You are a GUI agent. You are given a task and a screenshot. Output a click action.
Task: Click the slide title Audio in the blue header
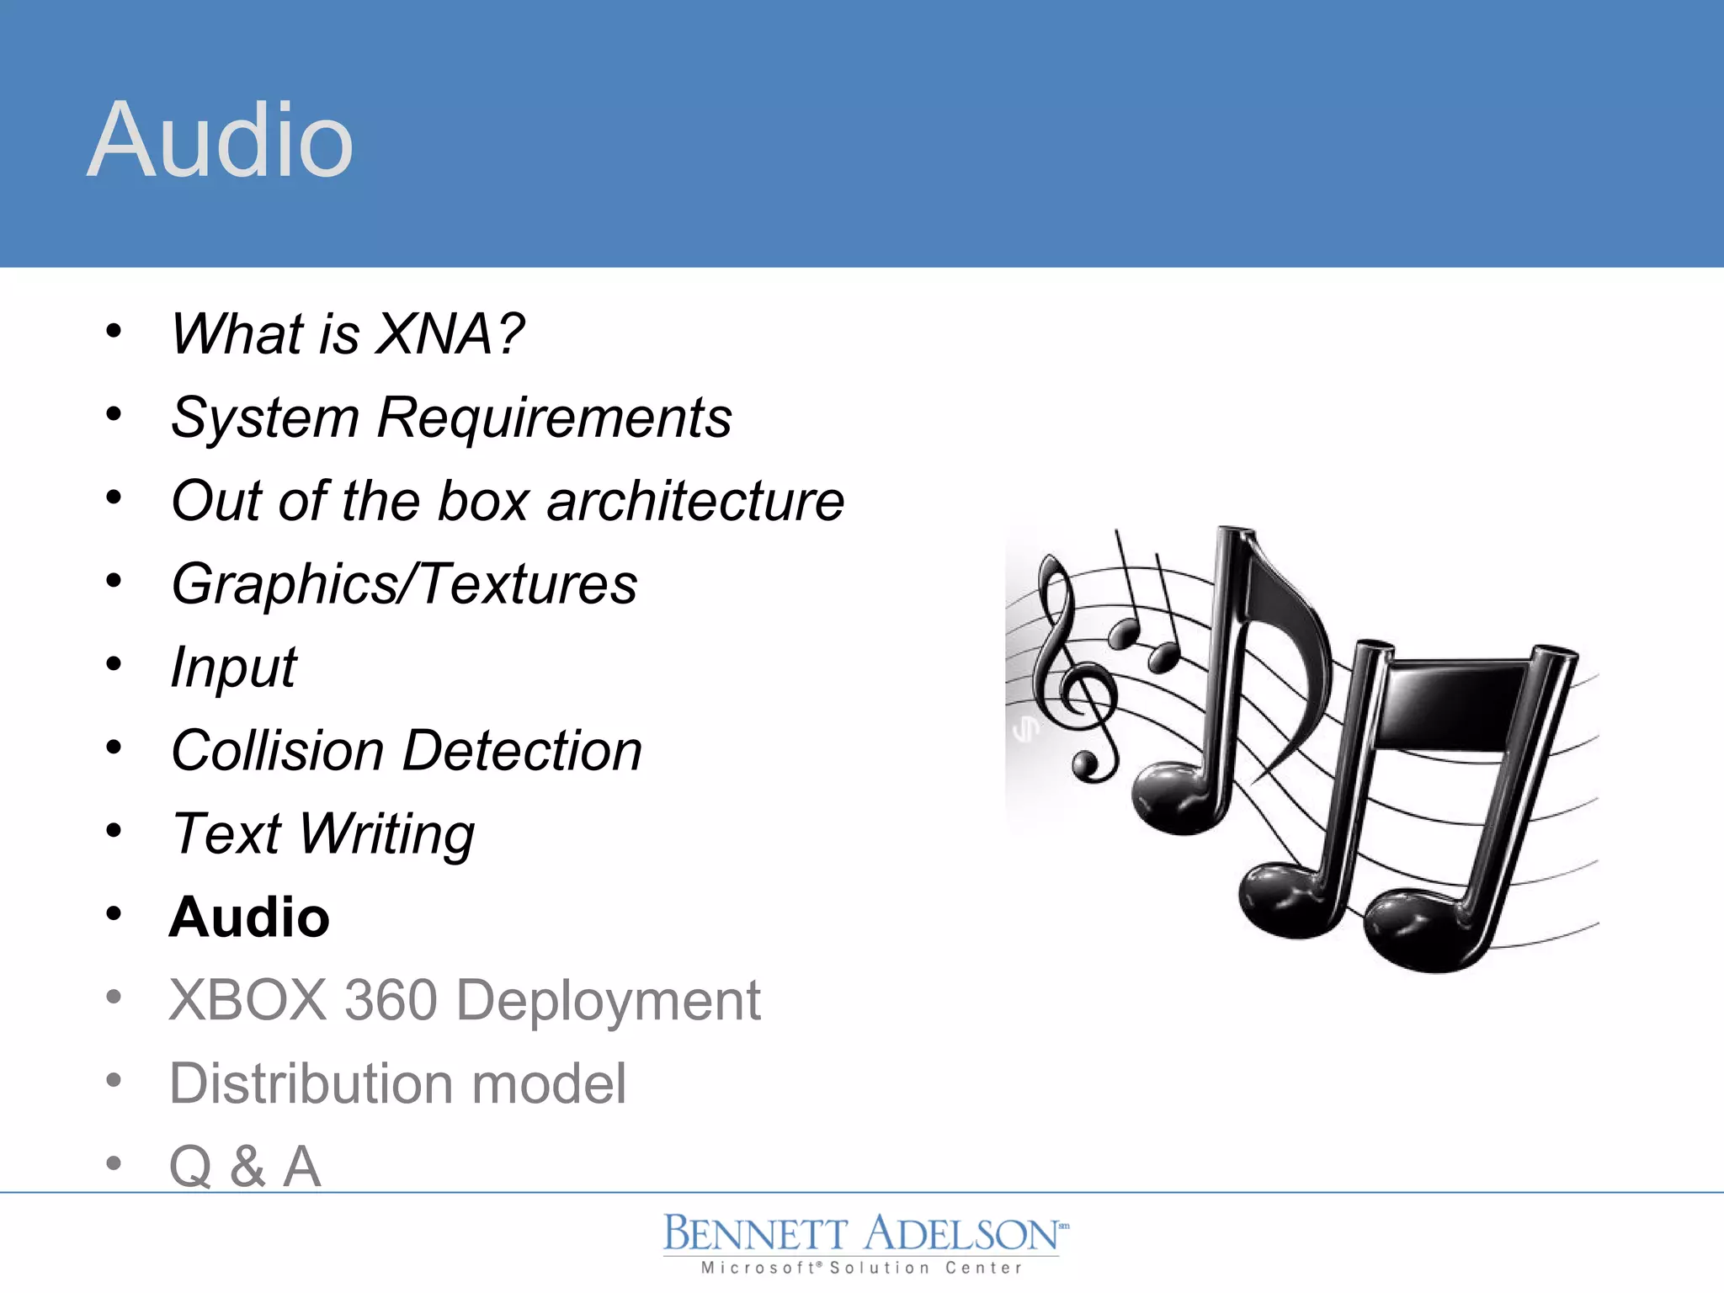(x=220, y=140)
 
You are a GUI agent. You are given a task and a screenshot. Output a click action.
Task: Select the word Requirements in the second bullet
(x=554, y=418)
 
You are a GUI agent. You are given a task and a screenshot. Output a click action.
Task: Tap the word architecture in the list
(x=695, y=501)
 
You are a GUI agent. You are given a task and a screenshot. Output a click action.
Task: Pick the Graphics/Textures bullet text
(x=404, y=584)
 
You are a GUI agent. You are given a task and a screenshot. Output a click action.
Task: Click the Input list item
(x=233, y=668)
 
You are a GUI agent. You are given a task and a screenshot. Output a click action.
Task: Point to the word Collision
(x=277, y=750)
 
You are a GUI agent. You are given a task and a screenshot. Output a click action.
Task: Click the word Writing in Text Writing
(x=387, y=834)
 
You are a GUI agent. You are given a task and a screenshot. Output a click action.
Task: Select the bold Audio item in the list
(x=249, y=917)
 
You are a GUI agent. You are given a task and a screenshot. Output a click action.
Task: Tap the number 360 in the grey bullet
(x=391, y=1000)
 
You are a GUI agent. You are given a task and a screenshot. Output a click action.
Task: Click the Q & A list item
(x=245, y=1167)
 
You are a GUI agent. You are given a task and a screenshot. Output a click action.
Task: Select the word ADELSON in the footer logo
(x=961, y=1235)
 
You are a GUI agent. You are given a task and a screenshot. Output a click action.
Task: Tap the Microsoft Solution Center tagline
(x=862, y=1268)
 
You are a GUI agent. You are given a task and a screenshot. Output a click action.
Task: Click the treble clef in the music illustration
(x=1073, y=665)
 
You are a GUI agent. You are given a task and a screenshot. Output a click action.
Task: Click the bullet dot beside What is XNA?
(x=114, y=331)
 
